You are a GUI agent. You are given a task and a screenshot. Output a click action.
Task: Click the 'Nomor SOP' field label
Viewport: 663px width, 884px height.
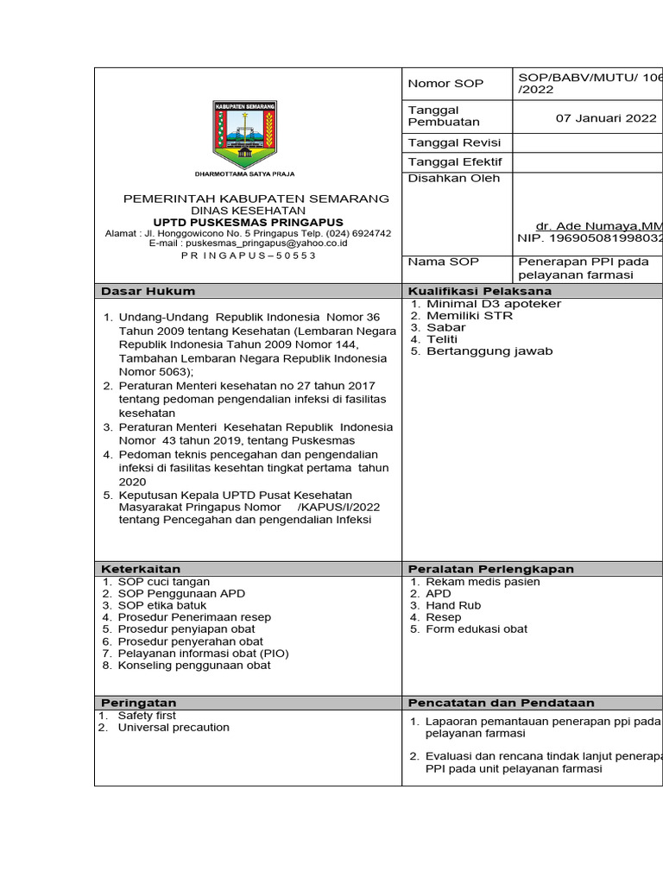[445, 84]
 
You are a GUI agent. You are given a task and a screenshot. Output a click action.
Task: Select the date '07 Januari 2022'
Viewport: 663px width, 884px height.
[606, 119]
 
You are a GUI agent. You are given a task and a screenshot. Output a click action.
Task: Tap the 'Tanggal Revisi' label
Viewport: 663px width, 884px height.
[453, 142]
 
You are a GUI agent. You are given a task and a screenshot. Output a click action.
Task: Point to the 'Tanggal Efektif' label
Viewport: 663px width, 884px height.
[454, 161]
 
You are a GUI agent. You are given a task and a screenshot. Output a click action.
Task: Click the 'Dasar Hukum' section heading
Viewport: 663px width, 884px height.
[148, 291]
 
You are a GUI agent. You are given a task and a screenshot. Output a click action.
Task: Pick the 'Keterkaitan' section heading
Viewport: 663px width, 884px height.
[142, 569]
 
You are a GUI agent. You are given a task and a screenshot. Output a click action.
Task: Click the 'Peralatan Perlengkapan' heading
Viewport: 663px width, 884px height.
[490, 569]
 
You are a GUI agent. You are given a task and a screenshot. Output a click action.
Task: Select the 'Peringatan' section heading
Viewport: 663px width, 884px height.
[139, 703]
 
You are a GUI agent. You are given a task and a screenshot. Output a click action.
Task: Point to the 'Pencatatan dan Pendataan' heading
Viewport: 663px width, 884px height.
[502, 703]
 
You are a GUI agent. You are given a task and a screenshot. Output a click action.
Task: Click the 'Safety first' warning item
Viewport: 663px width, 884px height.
[147, 716]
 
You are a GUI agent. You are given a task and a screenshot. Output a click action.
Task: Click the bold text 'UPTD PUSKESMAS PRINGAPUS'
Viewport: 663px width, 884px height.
[248, 222]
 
